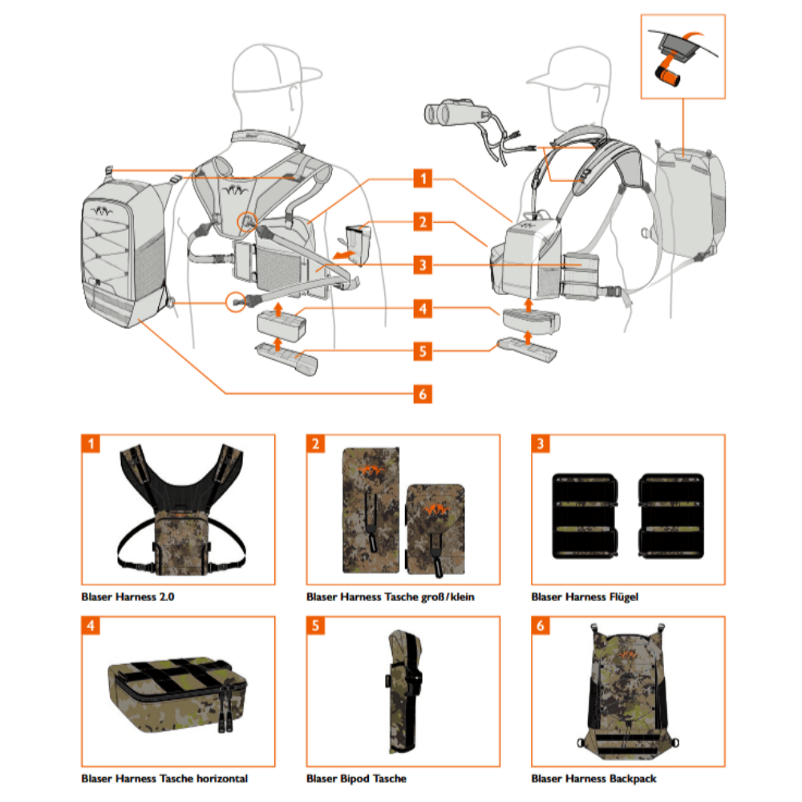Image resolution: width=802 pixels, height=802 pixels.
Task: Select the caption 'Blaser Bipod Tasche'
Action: tap(356, 778)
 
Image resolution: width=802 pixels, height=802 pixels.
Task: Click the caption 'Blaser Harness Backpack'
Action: tap(593, 778)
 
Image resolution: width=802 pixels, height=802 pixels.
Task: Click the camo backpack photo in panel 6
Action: tap(628, 693)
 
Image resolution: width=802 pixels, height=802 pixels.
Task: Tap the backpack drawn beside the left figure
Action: tap(124, 253)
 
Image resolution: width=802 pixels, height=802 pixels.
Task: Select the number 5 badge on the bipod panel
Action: tap(316, 625)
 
